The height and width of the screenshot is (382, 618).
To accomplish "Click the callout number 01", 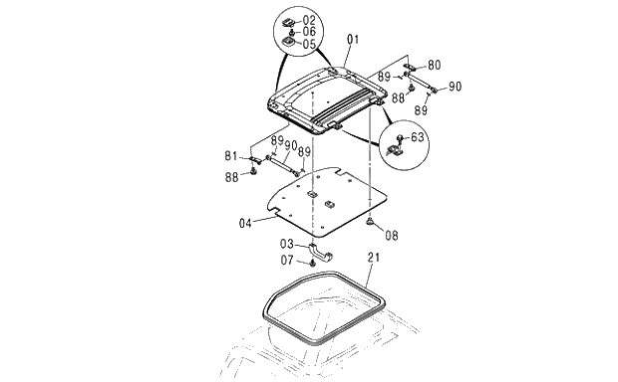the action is tap(353, 40).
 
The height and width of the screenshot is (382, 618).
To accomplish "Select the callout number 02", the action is tap(309, 21).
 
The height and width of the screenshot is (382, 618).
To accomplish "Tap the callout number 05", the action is tap(309, 44).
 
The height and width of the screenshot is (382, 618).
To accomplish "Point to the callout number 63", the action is tap(418, 137).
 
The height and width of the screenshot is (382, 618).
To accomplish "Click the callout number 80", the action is tap(434, 65).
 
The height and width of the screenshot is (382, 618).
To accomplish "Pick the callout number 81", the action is tap(231, 156).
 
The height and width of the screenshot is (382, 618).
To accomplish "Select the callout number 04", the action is tap(245, 224).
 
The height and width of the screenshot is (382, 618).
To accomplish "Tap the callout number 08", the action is tap(392, 236).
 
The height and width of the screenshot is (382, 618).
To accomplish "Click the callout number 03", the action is tap(287, 244).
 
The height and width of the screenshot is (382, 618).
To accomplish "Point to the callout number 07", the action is tap(287, 260).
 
